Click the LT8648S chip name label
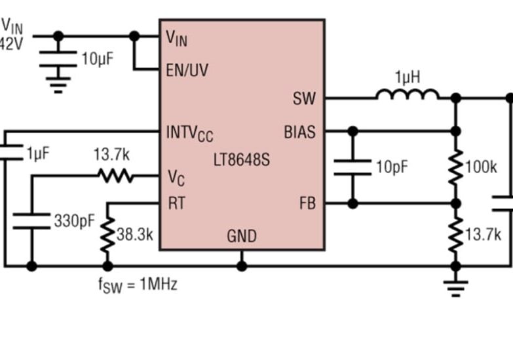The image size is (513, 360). [x=241, y=159]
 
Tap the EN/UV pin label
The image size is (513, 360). [x=187, y=70]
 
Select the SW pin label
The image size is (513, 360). [x=304, y=99]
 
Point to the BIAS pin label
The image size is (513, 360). [x=299, y=132]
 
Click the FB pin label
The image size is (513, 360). [x=307, y=204]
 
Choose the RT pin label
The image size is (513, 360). [x=176, y=204]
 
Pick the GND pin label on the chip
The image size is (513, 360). [x=242, y=236]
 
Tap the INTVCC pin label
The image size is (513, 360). [x=189, y=134]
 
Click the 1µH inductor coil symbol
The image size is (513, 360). [x=407, y=96]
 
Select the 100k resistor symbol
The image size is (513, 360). [x=456, y=167]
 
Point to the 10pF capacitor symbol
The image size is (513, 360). [x=352, y=167]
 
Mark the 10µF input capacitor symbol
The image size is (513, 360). [x=58, y=58]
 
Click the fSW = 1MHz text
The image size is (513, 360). [x=138, y=285]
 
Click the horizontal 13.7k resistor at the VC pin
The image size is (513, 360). [x=115, y=175]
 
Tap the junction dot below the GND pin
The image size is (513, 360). [x=242, y=266]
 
